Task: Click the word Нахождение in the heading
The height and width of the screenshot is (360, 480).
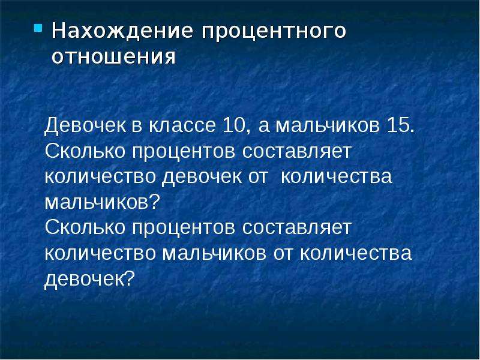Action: point(122,31)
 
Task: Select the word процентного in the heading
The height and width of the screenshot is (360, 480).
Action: point(274,32)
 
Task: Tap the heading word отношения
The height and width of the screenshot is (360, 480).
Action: point(113,57)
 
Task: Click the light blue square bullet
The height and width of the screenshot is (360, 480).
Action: point(38,28)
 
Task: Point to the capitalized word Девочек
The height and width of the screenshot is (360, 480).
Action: point(85,125)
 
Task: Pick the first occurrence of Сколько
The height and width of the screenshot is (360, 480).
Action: point(85,151)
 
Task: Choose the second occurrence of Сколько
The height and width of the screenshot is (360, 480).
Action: point(85,227)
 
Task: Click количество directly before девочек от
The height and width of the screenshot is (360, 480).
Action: point(100,177)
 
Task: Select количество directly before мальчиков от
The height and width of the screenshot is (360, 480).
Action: point(100,253)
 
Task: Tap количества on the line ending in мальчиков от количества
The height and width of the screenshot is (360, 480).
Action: point(356,253)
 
